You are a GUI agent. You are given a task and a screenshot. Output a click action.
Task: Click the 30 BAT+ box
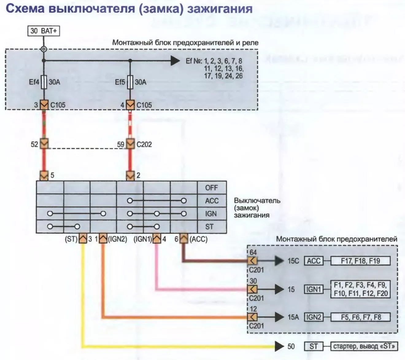tap(44, 31)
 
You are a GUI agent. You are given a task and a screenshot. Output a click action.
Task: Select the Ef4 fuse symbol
tap(44, 82)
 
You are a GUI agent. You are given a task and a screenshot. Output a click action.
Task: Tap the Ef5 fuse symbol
tap(130, 82)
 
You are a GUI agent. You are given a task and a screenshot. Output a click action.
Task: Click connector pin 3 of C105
tap(44, 104)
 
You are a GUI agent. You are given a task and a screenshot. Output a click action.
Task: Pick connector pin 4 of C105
tap(130, 104)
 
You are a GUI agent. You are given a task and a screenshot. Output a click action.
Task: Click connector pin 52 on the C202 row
tap(44, 143)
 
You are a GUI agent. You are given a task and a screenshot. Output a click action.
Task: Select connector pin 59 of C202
tap(130, 143)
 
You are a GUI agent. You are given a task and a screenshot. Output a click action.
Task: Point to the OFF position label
tap(211, 188)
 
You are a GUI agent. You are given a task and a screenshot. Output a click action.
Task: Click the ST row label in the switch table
tap(209, 227)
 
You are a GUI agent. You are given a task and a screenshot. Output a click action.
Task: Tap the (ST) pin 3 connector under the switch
tap(83, 238)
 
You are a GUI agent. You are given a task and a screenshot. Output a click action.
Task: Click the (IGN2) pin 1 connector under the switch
tap(103, 238)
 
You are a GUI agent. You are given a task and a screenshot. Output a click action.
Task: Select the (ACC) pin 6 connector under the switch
tap(184, 238)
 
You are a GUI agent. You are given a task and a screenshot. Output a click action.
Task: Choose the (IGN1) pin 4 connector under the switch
tap(157, 238)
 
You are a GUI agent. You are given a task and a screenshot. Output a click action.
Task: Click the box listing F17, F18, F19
tap(361, 261)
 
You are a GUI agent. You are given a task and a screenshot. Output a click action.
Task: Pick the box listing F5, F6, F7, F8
tap(361, 317)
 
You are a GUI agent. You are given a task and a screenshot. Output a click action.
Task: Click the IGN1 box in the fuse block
tap(314, 289)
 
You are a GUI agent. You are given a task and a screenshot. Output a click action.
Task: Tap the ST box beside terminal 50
tap(314, 346)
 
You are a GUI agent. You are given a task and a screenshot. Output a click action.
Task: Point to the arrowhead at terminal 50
tap(280, 346)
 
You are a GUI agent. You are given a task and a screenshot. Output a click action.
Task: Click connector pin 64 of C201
tap(252, 261)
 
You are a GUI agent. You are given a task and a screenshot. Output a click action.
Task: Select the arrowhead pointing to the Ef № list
tap(175, 61)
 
